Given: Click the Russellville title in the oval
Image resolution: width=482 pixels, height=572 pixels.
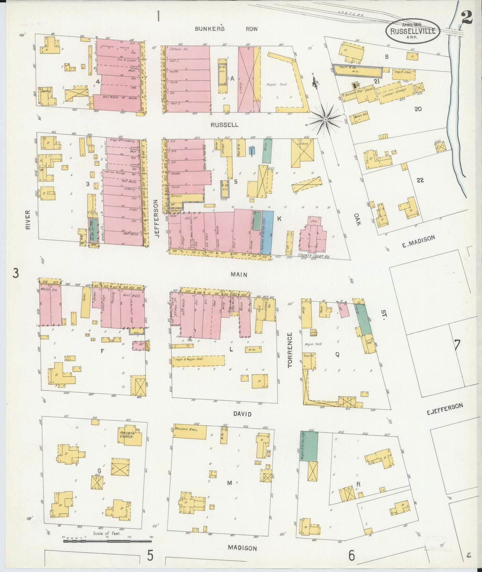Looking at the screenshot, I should coord(413,31).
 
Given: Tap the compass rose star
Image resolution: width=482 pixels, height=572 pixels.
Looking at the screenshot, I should coord(325,119).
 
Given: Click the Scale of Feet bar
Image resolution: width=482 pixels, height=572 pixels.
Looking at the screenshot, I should coord(107,541).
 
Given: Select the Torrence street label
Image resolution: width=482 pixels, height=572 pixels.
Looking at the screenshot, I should coord(290,350).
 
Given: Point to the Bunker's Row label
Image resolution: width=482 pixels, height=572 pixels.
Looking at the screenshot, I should coord(226,29).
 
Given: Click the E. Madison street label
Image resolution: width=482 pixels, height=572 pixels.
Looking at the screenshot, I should coord(418,242).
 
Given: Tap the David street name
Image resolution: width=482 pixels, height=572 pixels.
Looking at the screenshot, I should coord(242,414).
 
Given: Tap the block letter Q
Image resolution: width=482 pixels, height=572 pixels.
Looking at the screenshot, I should coord(337,355).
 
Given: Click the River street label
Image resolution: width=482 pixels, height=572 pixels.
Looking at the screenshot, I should coord(28,220).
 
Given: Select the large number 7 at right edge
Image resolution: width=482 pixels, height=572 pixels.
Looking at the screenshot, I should coord(457,345).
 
